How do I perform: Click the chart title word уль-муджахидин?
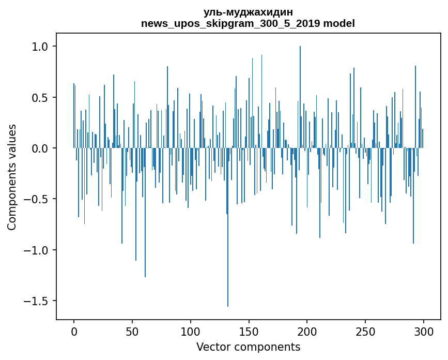pyautogui.click(x=248, y=12)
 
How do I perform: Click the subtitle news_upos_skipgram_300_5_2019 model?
pyautogui.click(x=248, y=23)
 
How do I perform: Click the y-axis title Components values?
pyautogui.click(x=12, y=177)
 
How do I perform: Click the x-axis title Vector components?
pyautogui.click(x=248, y=347)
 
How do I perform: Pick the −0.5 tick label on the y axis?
pyautogui.click(x=37, y=199)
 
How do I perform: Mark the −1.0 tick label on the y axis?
pyautogui.click(x=37, y=250)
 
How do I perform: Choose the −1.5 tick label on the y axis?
pyautogui.click(x=37, y=301)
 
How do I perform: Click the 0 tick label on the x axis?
pyautogui.click(x=74, y=331)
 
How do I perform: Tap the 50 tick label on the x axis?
pyautogui.click(x=132, y=331)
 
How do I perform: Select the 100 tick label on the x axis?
pyautogui.click(x=191, y=331)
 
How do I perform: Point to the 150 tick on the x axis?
pyautogui.click(x=249, y=331)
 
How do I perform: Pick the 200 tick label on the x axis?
pyautogui.click(x=307, y=331)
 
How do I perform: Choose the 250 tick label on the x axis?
pyautogui.click(x=365, y=331)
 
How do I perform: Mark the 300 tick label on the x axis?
pyautogui.click(x=424, y=331)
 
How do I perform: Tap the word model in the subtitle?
pyautogui.click(x=339, y=23)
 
